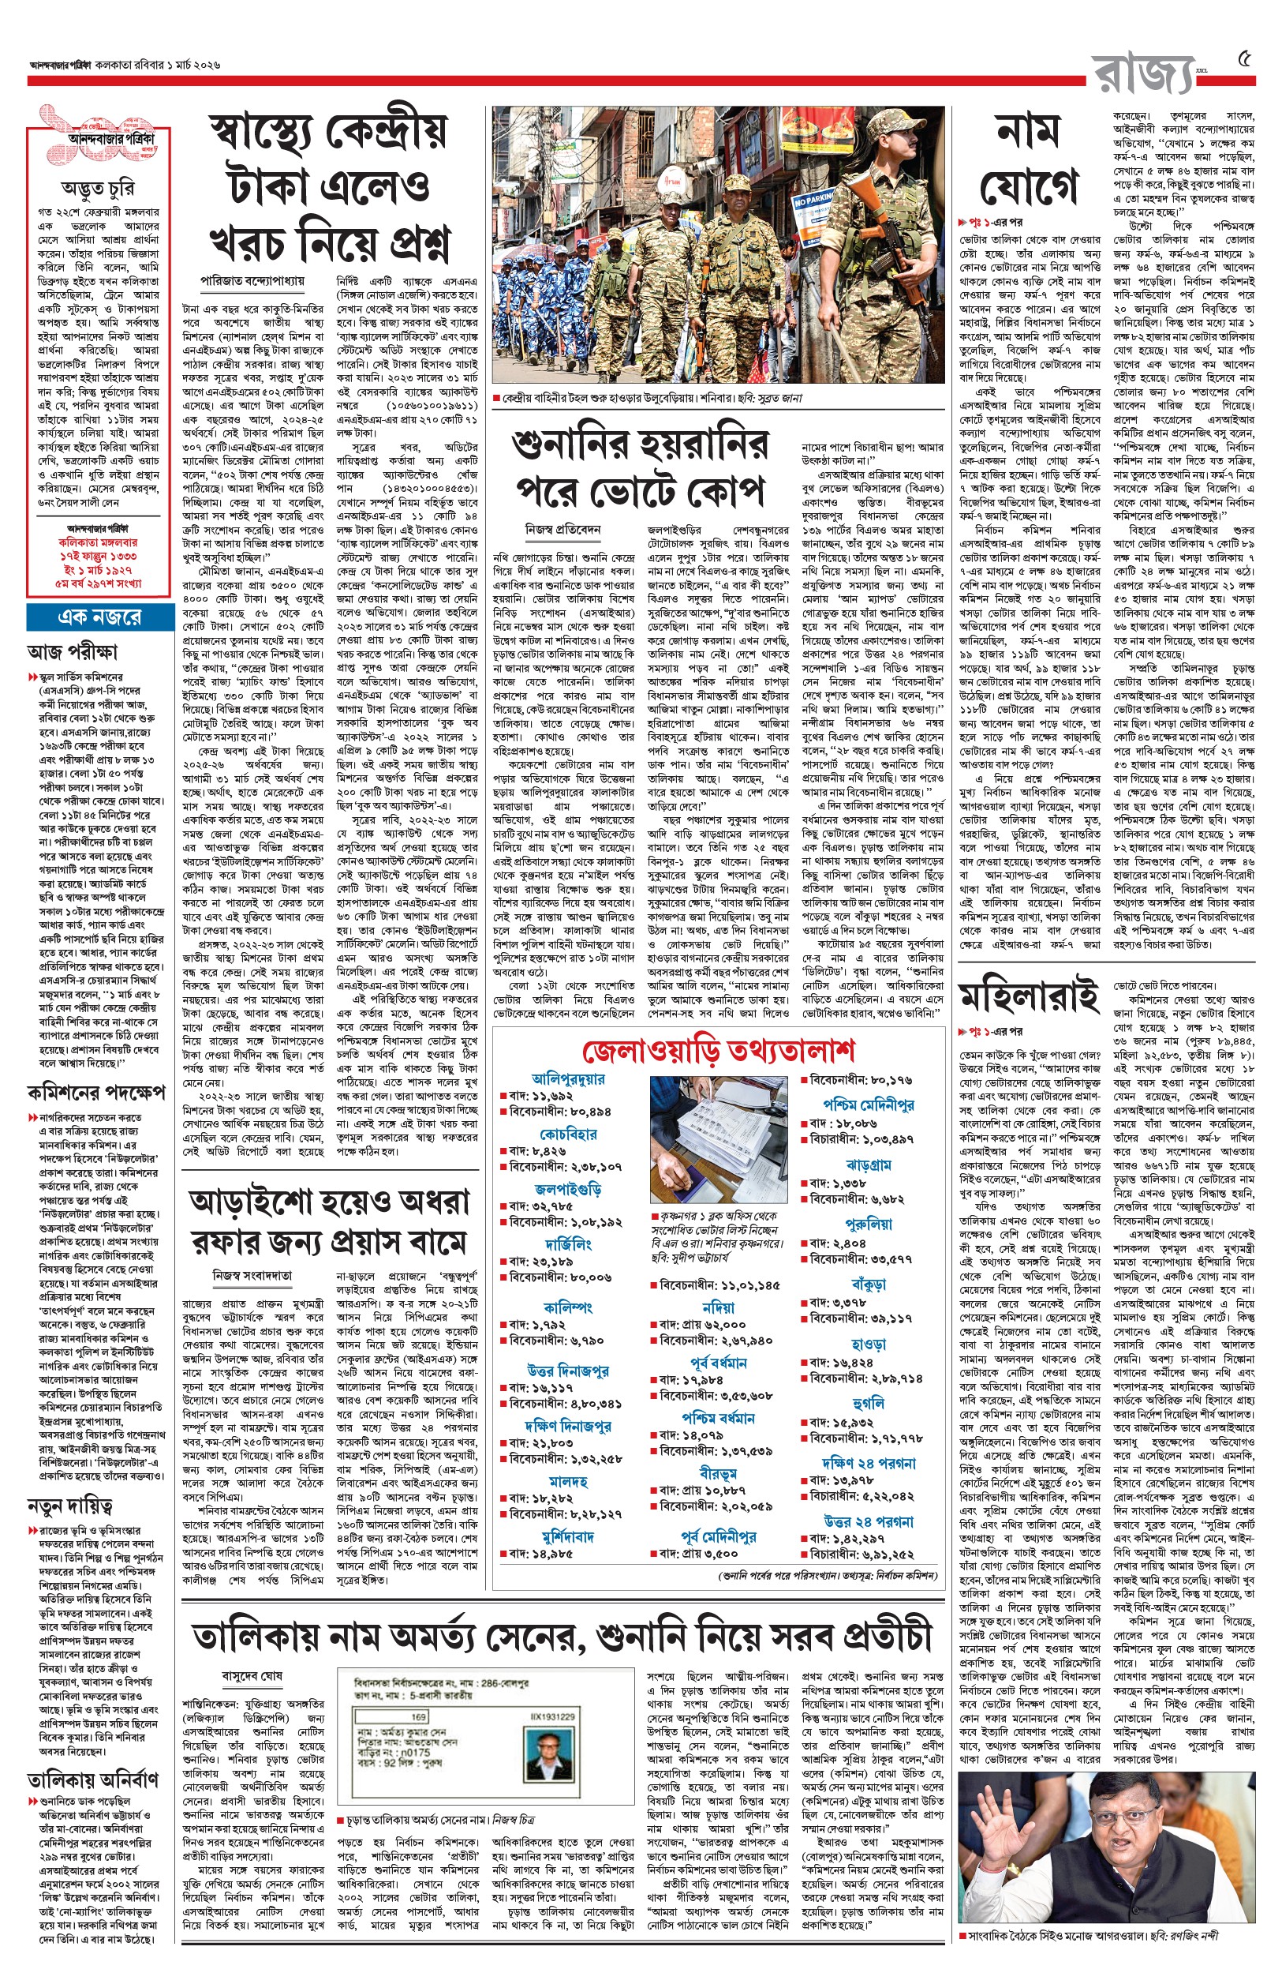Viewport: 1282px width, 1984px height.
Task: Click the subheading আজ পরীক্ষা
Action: coord(73,651)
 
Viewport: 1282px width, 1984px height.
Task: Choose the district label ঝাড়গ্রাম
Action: coord(869,1164)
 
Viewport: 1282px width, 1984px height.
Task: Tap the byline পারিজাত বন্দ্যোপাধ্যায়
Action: coord(252,281)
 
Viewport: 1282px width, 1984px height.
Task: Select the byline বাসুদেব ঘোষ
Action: coord(252,1675)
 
